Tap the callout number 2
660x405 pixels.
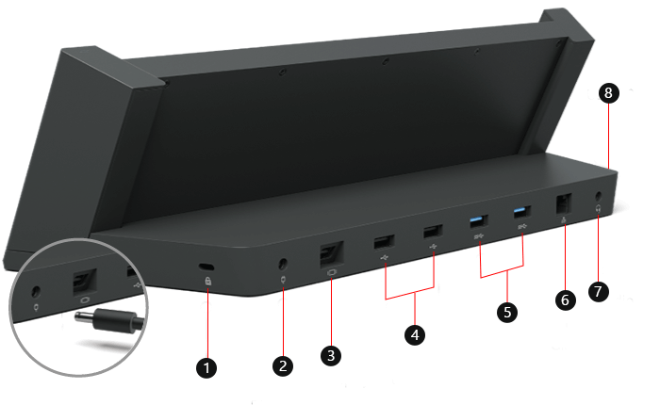(282, 364)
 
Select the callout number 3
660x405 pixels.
(330, 355)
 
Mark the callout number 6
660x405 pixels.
(566, 299)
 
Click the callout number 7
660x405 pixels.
(596, 291)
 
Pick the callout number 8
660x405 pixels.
(608, 92)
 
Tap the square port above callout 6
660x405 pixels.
(564, 204)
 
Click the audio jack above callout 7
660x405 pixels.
(600, 200)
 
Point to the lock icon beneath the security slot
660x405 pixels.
(207, 282)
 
